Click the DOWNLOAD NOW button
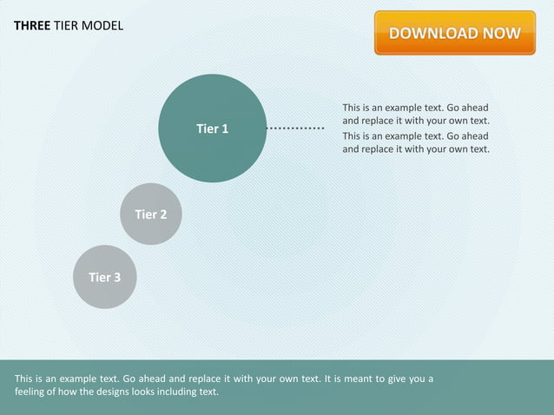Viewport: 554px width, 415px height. [454, 33]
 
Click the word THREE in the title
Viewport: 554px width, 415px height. [32, 25]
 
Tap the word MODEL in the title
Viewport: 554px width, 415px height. [103, 25]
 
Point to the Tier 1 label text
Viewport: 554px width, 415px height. [212, 128]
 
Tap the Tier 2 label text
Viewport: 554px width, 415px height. [150, 214]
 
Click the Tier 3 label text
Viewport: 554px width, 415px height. [104, 277]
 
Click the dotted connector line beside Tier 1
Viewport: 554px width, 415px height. [295, 128]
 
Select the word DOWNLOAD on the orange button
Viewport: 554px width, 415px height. [432, 34]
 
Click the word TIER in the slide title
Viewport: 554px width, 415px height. [67, 25]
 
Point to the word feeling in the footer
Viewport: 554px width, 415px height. [33, 392]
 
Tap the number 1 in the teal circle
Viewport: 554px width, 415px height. [225, 128]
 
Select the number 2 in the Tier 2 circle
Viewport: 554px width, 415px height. [163, 214]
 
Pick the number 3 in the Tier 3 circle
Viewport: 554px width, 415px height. [117, 277]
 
